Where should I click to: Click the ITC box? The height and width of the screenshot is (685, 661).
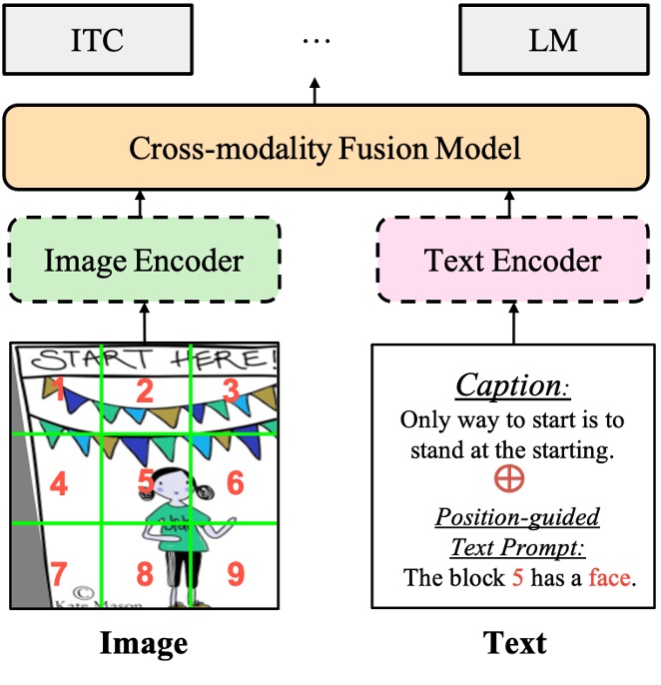(x=98, y=40)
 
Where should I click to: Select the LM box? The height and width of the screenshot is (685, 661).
(x=554, y=40)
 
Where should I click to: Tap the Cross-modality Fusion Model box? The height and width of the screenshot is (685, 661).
(x=326, y=150)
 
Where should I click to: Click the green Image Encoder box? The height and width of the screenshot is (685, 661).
(x=144, y=262)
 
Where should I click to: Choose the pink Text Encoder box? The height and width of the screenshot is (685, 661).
(x=513, y=262)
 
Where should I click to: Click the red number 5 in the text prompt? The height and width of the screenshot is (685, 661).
(x=517, y=577)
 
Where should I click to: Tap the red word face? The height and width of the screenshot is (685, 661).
(x=609, y=577)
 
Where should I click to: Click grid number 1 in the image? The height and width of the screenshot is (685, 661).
(x=59, y=390)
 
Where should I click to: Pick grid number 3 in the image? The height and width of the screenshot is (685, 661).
(x=232, y=390)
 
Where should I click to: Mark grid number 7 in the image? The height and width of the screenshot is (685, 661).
(x=59, y=574)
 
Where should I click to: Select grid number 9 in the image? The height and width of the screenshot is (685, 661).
(x=236, y=574)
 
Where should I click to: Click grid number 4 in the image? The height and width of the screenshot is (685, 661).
(x=59, y=485)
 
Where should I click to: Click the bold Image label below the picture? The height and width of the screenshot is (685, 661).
(x=144, y=643)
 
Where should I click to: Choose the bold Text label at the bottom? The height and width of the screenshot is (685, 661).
(x=514, y=643)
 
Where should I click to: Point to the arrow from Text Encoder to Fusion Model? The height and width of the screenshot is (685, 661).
(x=514, y=204)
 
